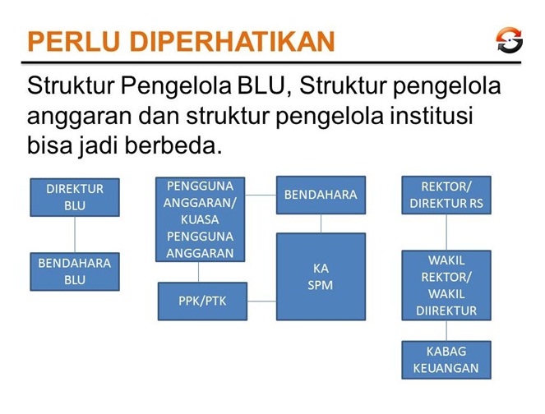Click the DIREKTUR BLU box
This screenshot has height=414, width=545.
click(x=75, y=197)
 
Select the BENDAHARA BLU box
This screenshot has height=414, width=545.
click(x=75, y=272)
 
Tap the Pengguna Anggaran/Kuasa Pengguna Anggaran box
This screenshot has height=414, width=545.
click(x=201, y=219)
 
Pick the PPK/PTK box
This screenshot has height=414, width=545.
click(x=202, y=301)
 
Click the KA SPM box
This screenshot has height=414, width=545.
click(x=321, y=277)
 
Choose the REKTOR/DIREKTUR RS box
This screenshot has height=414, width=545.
click(x=446, y=195)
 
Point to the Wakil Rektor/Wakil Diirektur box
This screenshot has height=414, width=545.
click(x=446, y=285)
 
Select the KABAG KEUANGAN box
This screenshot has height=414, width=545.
click(x=446, y=360)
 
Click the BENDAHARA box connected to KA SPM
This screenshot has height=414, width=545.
click(x=321, y=195)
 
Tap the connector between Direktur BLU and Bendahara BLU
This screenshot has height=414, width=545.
click(x=75, y=235)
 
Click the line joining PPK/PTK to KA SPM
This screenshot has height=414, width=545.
click(x=261, y=301)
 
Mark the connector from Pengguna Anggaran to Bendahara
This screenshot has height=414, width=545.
click(x=261, y=195)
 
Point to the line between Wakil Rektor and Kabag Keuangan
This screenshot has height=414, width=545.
click(x=446, y=331)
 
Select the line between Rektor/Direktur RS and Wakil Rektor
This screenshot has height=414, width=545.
click(x=446, y=232)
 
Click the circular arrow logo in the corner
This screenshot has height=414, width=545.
click(x=509, y=40)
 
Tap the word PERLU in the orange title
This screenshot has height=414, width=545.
click(x=74, y=42)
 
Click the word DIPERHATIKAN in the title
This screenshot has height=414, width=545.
click(x=232, y=42)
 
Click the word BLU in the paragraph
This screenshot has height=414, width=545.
click(x=261, y=85)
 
